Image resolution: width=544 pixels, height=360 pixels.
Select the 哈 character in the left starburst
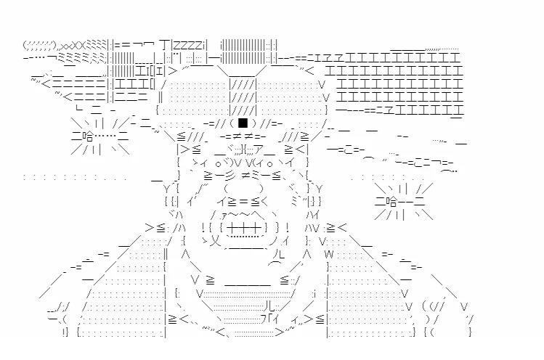coord(88,135)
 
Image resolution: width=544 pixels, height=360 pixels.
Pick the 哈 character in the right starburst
coord(391,201)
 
